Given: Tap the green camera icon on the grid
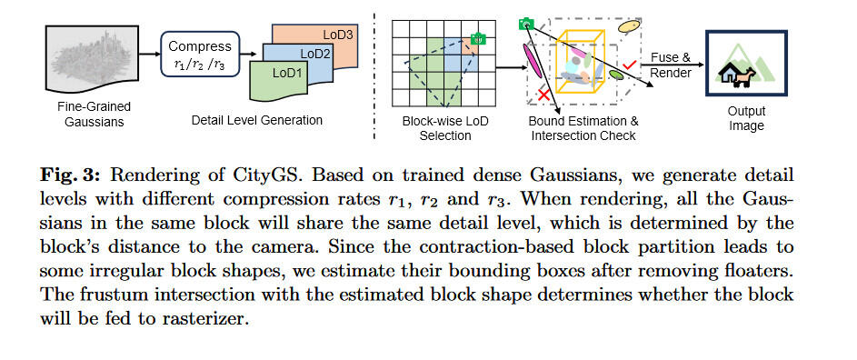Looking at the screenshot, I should [478, 39].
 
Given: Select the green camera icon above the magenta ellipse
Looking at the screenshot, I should [524, 23].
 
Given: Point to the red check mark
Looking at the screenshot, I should [628, 65].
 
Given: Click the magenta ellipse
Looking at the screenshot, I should [531, 57].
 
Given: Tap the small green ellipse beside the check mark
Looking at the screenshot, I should [616, 75].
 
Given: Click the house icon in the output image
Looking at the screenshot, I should [729, 74].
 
